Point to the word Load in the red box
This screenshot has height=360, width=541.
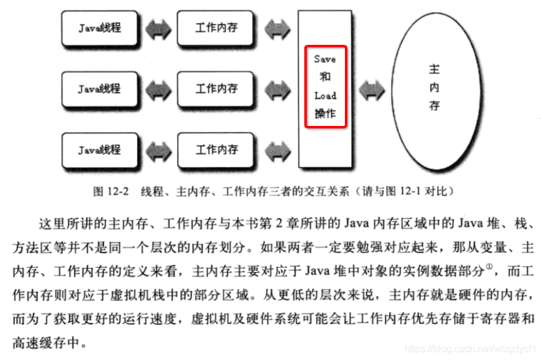pyautogui.click(x=325, y=96)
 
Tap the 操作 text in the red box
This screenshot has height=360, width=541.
pyautogui.click(x=325, y=114)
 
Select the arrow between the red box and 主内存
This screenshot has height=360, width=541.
pyautogui.click(x=372, y=90)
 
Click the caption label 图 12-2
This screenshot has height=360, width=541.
pyautogui.click(x=111, y=191)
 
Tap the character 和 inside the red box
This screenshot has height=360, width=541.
pyautogui.click(x=325, y=77)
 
